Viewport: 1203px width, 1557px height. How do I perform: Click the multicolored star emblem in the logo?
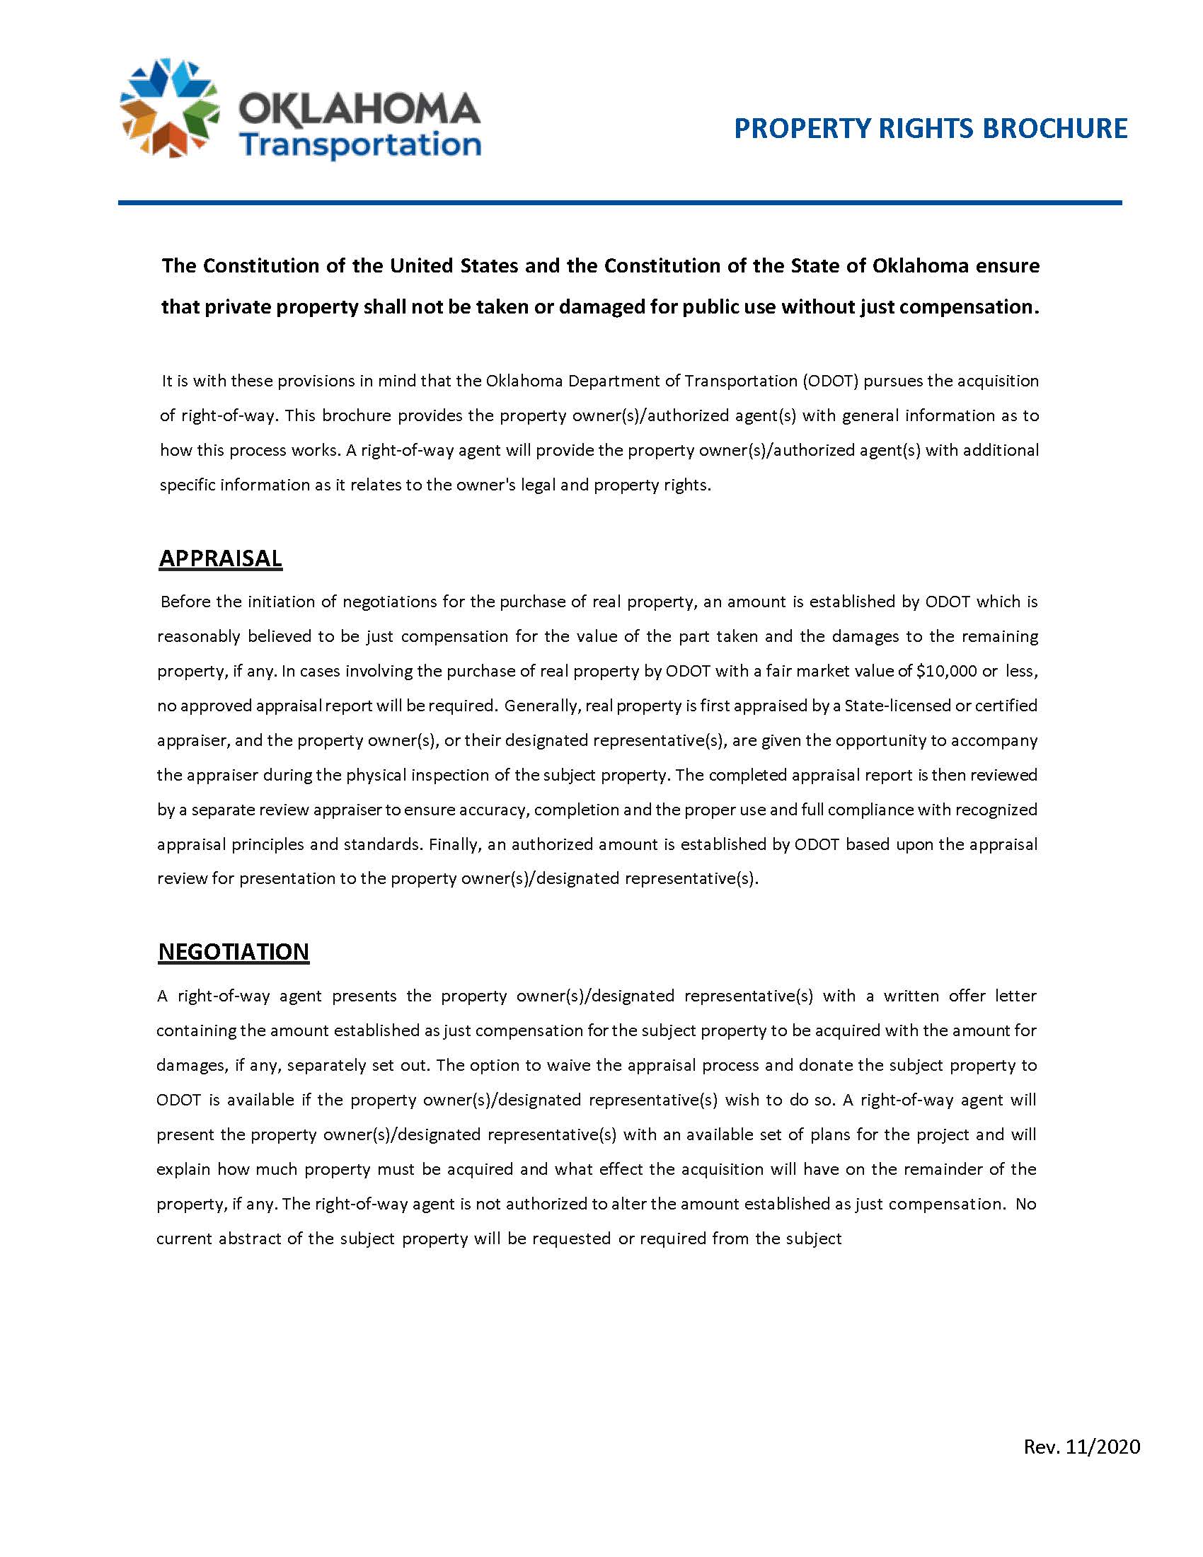[169, 108]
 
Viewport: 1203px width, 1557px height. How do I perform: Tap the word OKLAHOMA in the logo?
[359, 111]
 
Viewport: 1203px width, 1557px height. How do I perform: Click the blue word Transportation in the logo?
[360, 144]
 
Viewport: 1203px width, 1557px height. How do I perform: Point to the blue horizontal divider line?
[620, 203]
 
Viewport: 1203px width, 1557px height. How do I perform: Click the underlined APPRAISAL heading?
[220, 558]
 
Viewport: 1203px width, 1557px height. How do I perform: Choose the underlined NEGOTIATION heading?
[234, 952]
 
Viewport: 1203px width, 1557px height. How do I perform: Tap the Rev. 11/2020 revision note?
[1082, 1447]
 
